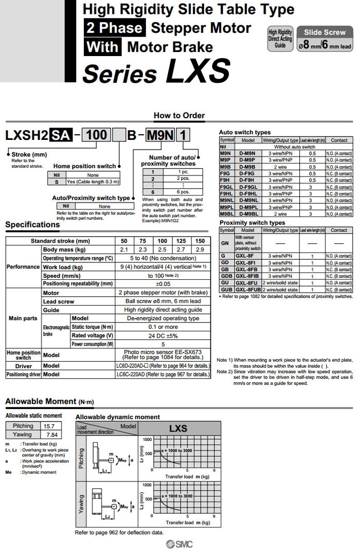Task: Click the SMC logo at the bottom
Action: pyautogui.click(x=179, y=545)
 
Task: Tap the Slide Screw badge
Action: pyautogui.click(x=325, y=32)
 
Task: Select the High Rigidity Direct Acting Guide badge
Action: pyautogui.click(x=280, y=39)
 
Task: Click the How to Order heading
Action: pyautogui.click(x=179, y=116)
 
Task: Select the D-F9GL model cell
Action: pyautogui.click(x=248, y=187)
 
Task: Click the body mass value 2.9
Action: pyautogui.click(x=200, y=250)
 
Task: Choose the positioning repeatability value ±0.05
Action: pyautogui.click(x=163, y=283)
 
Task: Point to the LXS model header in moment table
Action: pyautogui.click(x=178, y=428)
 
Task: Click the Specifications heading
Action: pyautogui.click(x=32, y=225)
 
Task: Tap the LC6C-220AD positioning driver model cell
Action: pyautogui.click(x=163, y=375)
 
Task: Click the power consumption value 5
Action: pyautogui.click(x=163, y=344)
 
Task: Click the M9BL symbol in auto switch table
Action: pyautogui.click(x=227, y=213)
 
